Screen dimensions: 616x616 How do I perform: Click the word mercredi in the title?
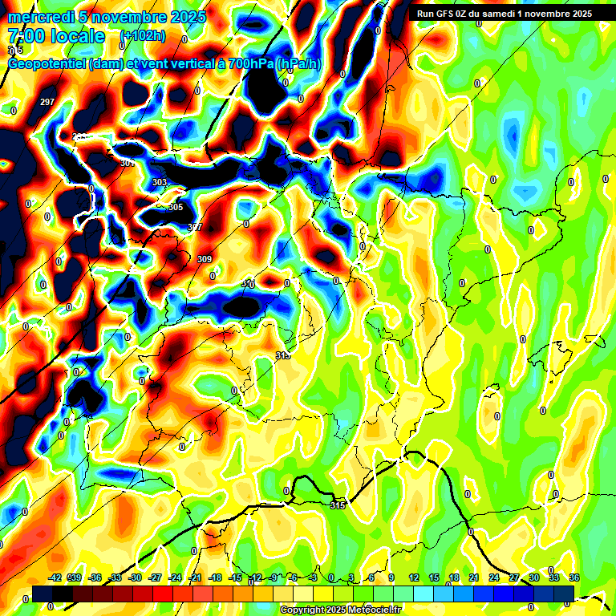pos(37,17)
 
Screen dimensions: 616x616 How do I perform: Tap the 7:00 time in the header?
pos(22,36)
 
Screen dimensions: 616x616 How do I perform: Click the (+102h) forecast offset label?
pos(143,36)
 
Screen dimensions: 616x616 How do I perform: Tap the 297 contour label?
pos(47,102)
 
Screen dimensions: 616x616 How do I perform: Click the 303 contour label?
pos(160,183)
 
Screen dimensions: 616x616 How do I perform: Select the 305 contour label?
pos(176,207)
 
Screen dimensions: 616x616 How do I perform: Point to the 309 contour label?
pos(205,259)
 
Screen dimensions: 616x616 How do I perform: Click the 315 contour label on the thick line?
pos(338,505)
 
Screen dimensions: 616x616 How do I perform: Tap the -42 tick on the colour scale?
pos(55,577)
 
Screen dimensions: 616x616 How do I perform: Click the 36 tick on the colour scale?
pos(574,577)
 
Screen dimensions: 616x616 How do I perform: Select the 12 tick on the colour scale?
pos(414,577)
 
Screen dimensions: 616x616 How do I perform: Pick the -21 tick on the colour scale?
pos(195,577)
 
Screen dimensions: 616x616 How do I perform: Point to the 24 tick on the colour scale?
pos(494,577)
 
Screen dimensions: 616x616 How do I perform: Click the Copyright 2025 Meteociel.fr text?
pos(340,610)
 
